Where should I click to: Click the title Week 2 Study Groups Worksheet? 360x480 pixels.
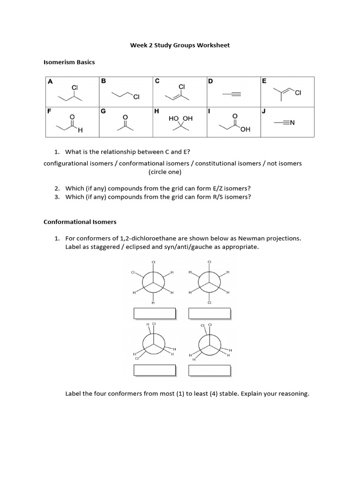[180, 45]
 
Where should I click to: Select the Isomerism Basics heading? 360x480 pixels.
[69, 62]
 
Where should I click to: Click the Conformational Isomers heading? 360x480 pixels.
[80, 221]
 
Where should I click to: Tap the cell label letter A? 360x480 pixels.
[50, 81]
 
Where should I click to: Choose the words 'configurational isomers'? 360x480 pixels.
[77, 163]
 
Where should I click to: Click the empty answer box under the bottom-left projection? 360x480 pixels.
[154, 370]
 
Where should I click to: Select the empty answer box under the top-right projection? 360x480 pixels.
[209, 313]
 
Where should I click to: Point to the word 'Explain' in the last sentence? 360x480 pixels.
[253, 394]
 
